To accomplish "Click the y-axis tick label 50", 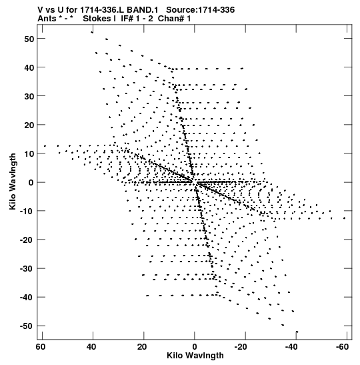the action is pyautogui.click(x=29, y=39).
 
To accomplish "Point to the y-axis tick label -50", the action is pyautogui.click(x=27, y=326).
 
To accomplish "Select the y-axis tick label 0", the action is pyautogui.click(x=31, y=183).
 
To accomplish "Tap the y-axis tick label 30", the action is pyautogui.click(x=29, y=96).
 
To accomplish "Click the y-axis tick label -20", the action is pyautogui.click(x=27, y=240).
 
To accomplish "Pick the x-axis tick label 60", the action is pyautogui.click(x=41, y=347).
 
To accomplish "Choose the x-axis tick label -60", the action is pyautogui.click(x=342, y=347).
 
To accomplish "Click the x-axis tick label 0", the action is pyautogui.click(x=195, y=347).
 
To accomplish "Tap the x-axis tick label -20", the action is pyautogui.click(x=241, y=347).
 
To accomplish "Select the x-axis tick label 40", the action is pyautogui.click(x=91, y=347).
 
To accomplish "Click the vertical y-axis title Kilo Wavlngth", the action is pyautogui.click(x=13, y=181).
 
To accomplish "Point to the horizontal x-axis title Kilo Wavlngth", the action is pyautogui.click(x=195, y=356).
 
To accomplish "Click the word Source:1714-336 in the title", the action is pyautogui.click(x=201, y=10).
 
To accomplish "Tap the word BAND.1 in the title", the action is pyautogui.click(x=143, y=10).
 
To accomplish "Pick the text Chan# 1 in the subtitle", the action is pyautogui.click(x=174, y=19).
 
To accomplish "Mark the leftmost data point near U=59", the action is pyautogui.click(x=45, y=146).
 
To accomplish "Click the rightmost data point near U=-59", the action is pyautogui.click(x=345, y=218).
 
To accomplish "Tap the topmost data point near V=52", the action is pyautogui.click(x=92, y=32).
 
